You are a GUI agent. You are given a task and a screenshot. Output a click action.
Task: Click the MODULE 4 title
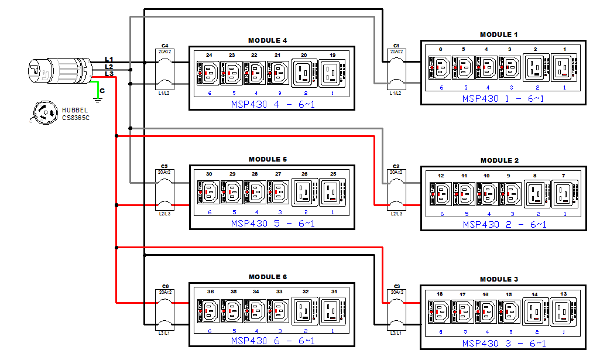[x=268, y=40]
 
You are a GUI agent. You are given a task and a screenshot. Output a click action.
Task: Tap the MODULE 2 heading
[x=499, y=160]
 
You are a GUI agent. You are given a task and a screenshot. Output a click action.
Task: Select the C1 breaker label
[x=396, y=45]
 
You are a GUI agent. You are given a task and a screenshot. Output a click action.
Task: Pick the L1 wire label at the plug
[x=109, y=59]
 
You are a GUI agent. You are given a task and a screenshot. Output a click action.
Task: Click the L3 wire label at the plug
[x=109, y=74]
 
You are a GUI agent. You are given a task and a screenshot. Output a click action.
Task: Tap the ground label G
[x=102, y=91]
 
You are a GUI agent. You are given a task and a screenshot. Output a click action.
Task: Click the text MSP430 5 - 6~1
[x=272, y=223]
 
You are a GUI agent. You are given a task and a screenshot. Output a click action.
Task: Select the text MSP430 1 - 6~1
[x=503, y=98]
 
